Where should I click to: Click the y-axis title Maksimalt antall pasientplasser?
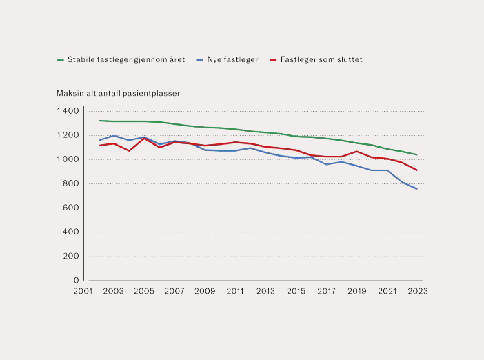click(x=118, y=93)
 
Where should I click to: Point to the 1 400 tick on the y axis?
click(x=68, y=111)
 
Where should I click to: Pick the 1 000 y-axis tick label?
click(x=68, y=159)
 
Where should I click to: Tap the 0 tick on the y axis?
click(x=77, y=280)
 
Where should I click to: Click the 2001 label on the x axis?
click(x=83, y=291)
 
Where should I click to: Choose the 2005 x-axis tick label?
click(x=143, y=291)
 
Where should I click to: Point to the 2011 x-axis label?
click(x=235, y=291)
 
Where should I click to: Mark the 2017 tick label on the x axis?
click(x=326, y=291)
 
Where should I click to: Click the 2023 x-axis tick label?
click(x=417, y=291)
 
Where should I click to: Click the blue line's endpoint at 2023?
click(x=417, y=189)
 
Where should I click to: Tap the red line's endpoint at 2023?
click(x=417, y=170)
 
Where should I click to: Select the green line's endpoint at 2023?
click(x=417, y=154)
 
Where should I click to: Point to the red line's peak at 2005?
click(x=144, y=138)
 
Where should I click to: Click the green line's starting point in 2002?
click(x=99, y=121)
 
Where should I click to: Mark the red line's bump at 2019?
click(x=356, y=151)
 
